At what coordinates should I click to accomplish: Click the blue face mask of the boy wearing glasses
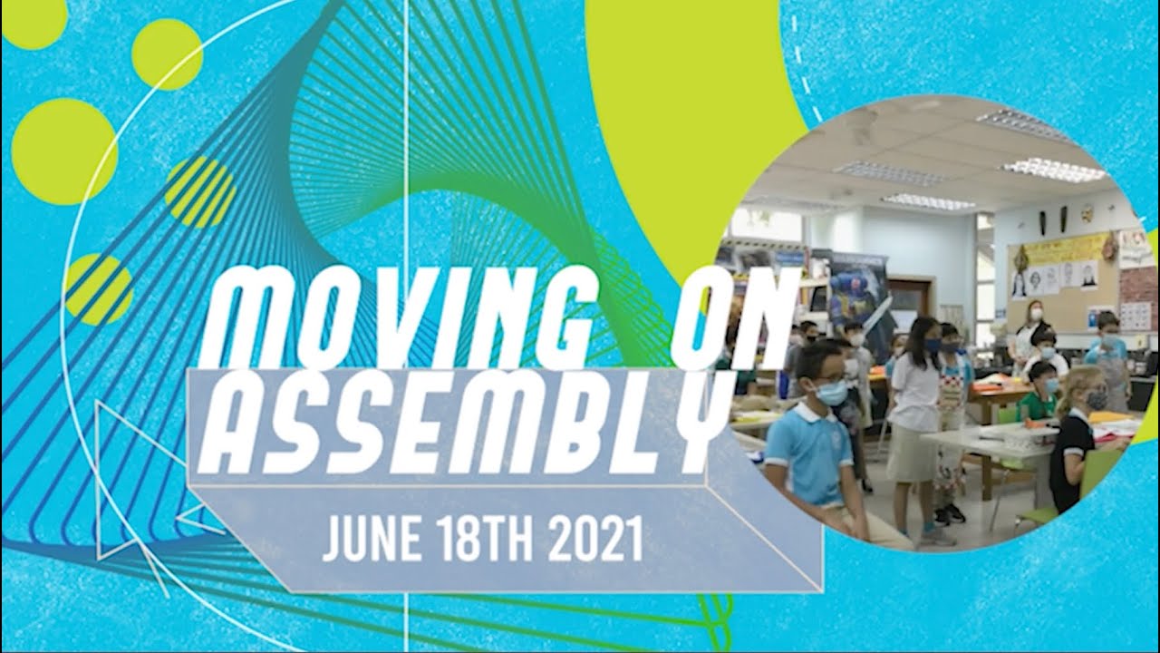tap(830, 392)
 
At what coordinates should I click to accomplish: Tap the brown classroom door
tap(911, 299)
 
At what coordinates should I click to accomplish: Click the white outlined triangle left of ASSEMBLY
tap(136, 453)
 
